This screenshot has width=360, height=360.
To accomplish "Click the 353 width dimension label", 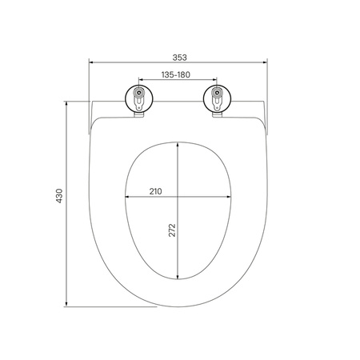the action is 179,58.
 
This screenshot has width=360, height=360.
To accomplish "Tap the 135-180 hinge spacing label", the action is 176,74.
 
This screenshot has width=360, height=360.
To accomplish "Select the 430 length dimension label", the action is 59,196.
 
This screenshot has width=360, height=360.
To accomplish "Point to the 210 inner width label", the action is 155,191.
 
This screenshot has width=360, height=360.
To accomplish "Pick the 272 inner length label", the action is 172,230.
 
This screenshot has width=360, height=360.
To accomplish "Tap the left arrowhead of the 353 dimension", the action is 90,62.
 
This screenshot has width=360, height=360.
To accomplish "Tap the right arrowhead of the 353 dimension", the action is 265,62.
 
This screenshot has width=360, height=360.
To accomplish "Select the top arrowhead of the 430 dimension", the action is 66,103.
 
